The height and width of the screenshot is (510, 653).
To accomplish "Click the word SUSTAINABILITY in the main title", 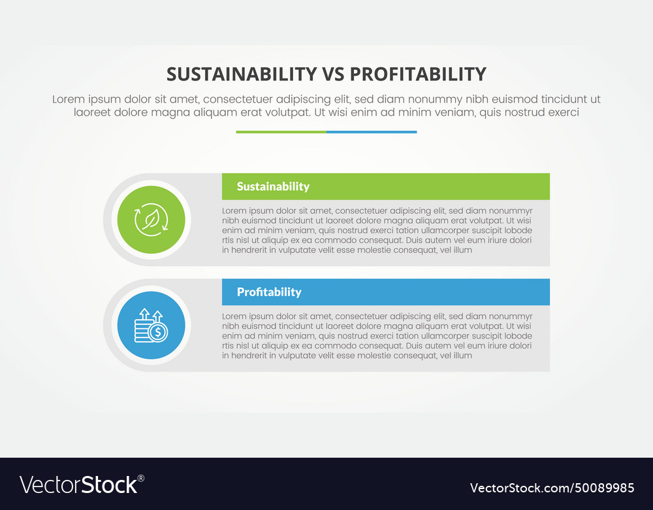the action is pyautogui.click(x=242, y=75).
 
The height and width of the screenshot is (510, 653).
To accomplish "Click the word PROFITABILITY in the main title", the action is pyautogui.click(x=418, y=75).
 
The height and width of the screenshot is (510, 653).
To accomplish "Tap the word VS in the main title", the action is pyautogui.click(x=334, y=75).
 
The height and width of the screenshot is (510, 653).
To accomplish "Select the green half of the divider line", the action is pyautogui.click(x=281, y=132).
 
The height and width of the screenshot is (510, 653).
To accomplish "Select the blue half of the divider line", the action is pyautogui.click(x=372, y=132).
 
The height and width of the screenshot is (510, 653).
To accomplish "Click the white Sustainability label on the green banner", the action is pyautogui.click(x=273, y=186).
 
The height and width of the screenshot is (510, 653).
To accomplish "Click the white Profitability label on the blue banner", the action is pyautogui.click(x=269, y=292).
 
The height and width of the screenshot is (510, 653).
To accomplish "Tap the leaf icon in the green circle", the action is pyautogui.click(x=151, y=219).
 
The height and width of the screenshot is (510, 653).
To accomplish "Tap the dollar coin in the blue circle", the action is pyautogui.click(x=158, y=332).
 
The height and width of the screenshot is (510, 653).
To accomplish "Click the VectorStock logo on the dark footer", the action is pyautogui.click(x=82, y=485).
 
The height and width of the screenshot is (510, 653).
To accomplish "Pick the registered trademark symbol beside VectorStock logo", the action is pyautogui.click(x=141, y=479).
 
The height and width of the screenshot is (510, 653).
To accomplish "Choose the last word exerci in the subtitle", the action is pyautogui.click(x=563, y=112).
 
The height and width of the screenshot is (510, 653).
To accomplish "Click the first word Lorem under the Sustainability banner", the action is pyautogui.click(x=234, y=211).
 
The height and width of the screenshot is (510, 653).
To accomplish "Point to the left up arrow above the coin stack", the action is pyautogui.click(x=144, y=314).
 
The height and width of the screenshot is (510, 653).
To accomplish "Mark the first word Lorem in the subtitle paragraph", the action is pyautogui.click(x=69, y=99).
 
